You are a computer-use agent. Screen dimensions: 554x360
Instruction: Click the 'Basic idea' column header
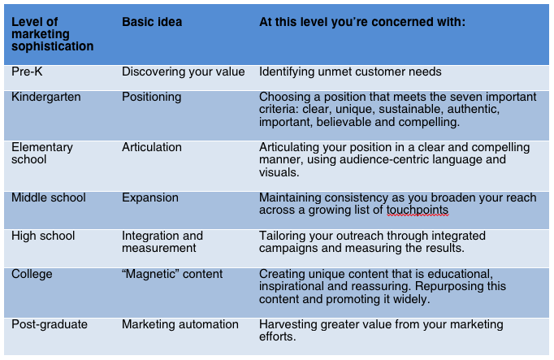point(152,22)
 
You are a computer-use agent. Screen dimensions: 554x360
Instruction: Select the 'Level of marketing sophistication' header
point(52,34)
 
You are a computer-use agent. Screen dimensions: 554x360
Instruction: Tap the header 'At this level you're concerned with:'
point(362,22)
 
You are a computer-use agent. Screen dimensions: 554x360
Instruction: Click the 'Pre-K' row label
point(27,72)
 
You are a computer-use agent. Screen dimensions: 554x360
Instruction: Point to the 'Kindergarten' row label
point(46,98)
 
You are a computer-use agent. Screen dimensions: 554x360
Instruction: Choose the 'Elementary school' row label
point(42,154)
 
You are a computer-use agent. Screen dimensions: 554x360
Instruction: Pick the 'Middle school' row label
point(49,197)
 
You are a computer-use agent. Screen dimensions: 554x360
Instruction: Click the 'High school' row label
point(43,236)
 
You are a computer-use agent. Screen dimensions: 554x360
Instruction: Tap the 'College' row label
point(32,274)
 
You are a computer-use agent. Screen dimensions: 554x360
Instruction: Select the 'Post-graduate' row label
point(50,324)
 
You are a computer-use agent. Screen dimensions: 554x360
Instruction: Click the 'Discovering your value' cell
point(184,72)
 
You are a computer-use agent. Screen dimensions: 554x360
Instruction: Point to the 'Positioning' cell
point(152,98)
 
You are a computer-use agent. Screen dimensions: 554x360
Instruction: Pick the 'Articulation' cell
point(152,147)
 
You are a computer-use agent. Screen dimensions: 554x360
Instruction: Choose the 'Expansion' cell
point(150,197)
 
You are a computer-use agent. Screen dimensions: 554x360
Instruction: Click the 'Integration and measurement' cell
point(162,242)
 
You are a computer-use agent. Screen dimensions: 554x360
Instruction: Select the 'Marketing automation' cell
point(180,324)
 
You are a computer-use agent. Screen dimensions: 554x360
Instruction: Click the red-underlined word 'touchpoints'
point(418,210)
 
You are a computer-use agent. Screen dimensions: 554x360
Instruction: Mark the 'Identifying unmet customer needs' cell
point(350,72)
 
